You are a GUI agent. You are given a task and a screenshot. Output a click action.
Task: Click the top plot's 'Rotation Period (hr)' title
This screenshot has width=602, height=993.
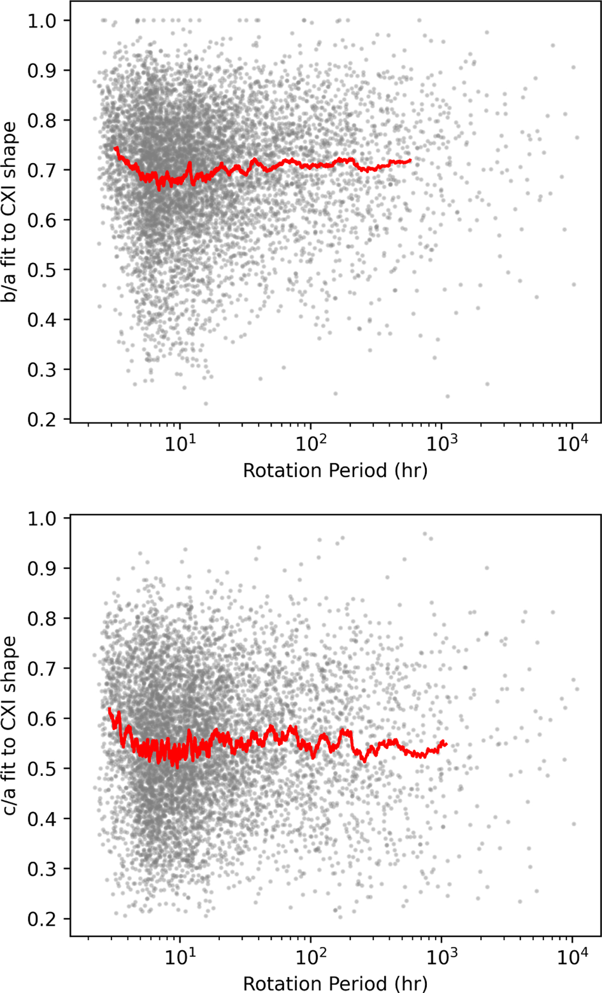coord(335,470)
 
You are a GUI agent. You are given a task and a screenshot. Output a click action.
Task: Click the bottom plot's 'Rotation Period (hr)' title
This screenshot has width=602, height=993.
coord(335,982)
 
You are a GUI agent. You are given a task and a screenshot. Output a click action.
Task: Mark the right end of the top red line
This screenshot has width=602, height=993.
coord(411,160)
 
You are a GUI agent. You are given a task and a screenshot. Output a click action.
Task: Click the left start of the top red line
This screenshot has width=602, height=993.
coord(115,148)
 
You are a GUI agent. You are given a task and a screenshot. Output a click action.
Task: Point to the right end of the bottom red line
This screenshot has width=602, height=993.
coord(446,744)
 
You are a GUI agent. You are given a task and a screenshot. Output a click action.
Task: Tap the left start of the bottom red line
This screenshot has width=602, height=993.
coord(109,708)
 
